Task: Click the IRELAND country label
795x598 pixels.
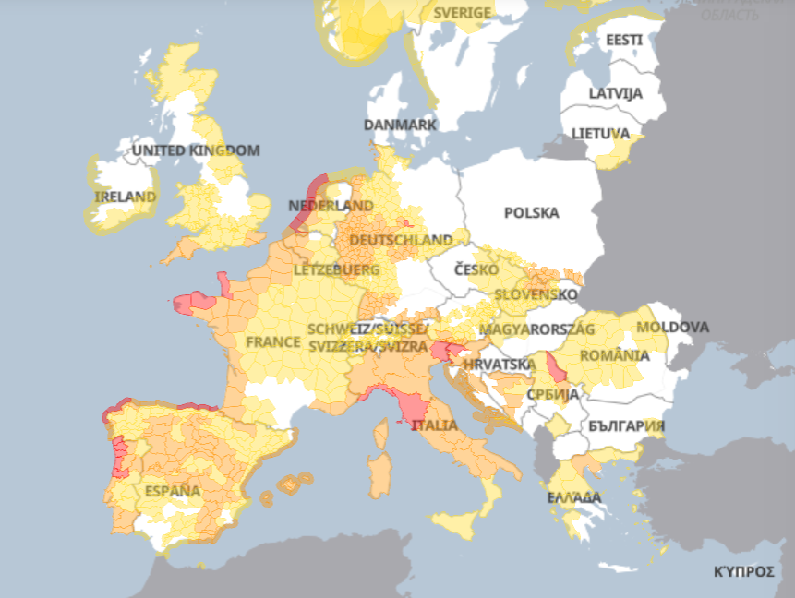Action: pyautogui.click(x=126, y=197)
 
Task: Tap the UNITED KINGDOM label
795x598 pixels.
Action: pyautogui.click(x=196, y=149)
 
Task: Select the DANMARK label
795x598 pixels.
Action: pyautogui.click(x=400, y=125)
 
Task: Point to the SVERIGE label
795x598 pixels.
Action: pyautogui.click(x=464, y=14)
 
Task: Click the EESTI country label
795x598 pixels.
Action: pyautogui.click(x=624, y=41)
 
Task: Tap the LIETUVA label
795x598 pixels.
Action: pyautogui.click(x=600, y=133)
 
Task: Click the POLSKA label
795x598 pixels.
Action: pyautogui.click(x=531, y=212)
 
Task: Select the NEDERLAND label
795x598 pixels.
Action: pyautogui.click(x=331, y=205)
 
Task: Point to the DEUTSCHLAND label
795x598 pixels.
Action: pyautogui.click(x=400, y=240)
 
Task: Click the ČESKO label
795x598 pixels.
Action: pyautogui.click(x=476, y=269)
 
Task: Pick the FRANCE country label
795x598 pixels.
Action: pyautogui.click(x=273, y=341)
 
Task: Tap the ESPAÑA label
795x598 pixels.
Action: pyautogui.click(x=172, y=490)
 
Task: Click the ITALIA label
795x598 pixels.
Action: pyautogui.click(x=434, y=425)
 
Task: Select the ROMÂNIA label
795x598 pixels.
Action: pyautogui.click(x=614, y=355)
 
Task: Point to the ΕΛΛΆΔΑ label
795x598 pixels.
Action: pyautogui.click(x=574, y=497)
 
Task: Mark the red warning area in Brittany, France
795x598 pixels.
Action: pyautogui.click(x=191, y=302)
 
